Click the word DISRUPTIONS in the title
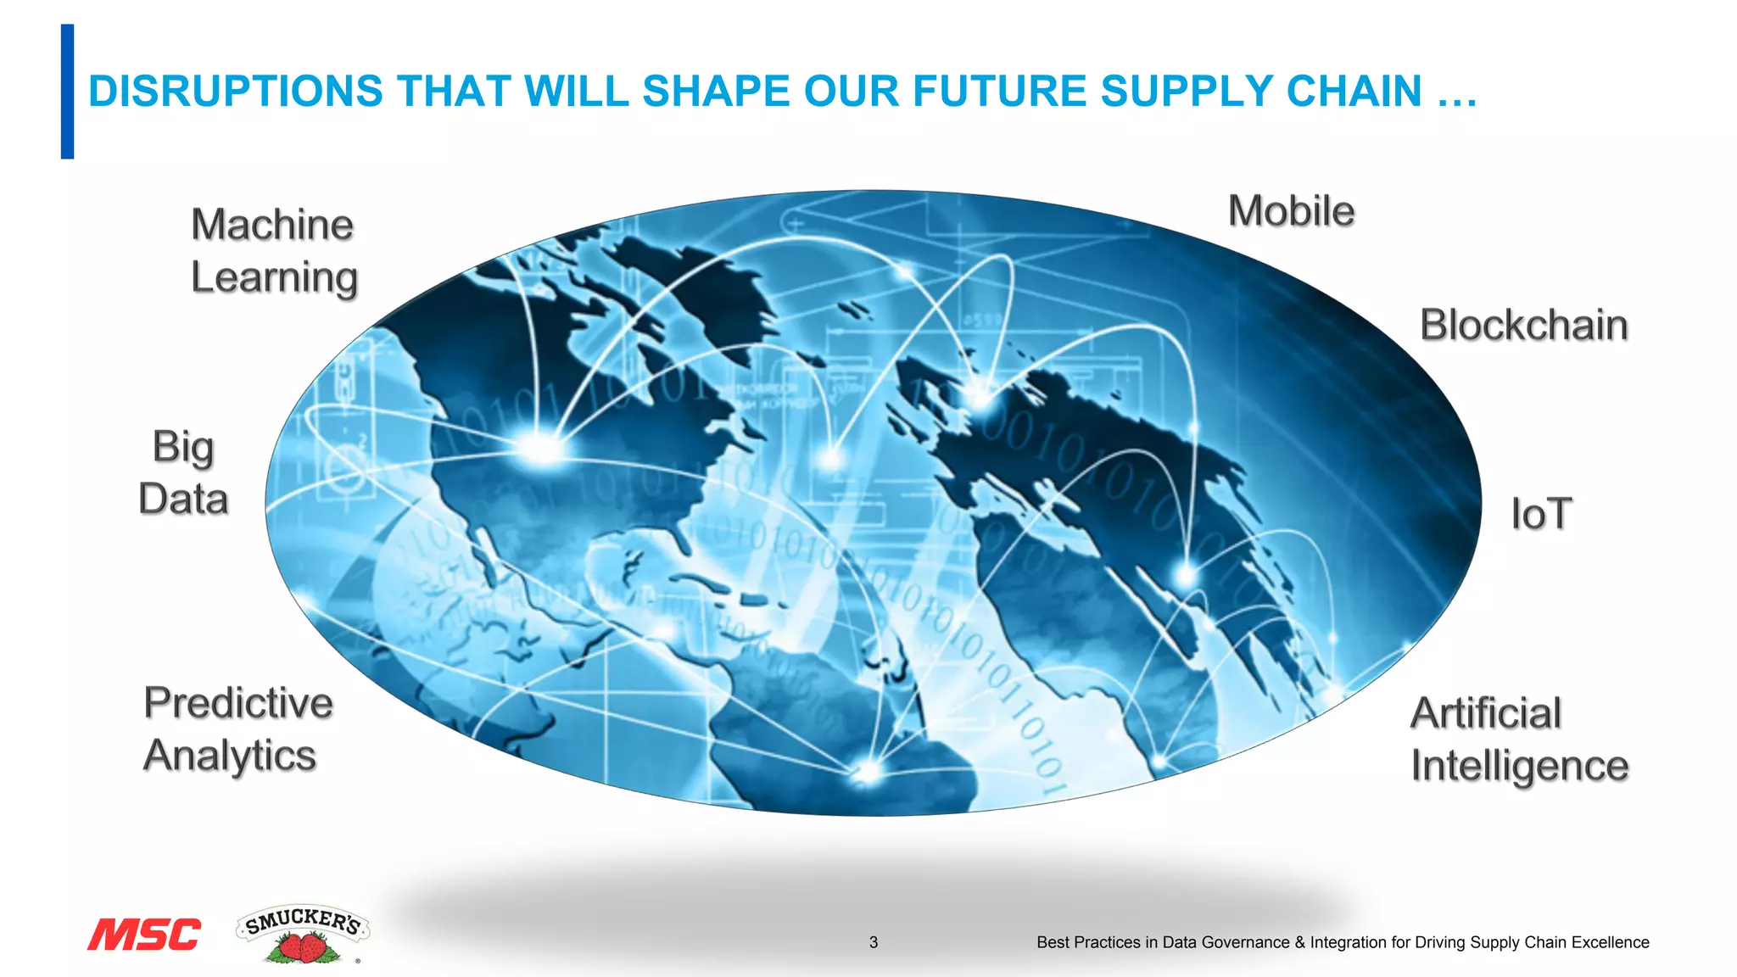point(236,92)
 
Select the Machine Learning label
point(273,251)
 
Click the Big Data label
point(183,472)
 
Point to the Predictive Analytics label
point(237,729)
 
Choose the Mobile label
point(1291,211)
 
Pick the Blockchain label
point(1523,325)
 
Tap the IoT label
point(1541,514)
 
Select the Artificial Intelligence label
point(1519,740)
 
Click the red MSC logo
point(144,935)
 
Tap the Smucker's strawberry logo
point(303,934)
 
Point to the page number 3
point(874,942)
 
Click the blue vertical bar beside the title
point(67,92)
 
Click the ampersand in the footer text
point(1300,942)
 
